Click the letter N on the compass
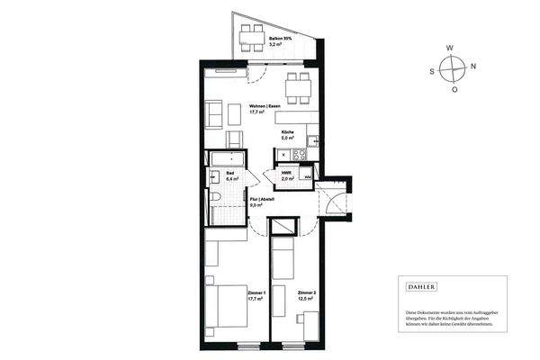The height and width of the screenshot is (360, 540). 474,66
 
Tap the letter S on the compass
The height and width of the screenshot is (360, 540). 432,67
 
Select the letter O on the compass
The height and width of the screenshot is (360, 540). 454,89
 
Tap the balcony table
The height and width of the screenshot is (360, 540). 247,36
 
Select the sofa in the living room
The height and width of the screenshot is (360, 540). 215,114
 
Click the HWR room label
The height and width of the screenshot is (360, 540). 286,172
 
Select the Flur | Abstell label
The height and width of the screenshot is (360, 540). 262,200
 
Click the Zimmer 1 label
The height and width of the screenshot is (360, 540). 258,293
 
